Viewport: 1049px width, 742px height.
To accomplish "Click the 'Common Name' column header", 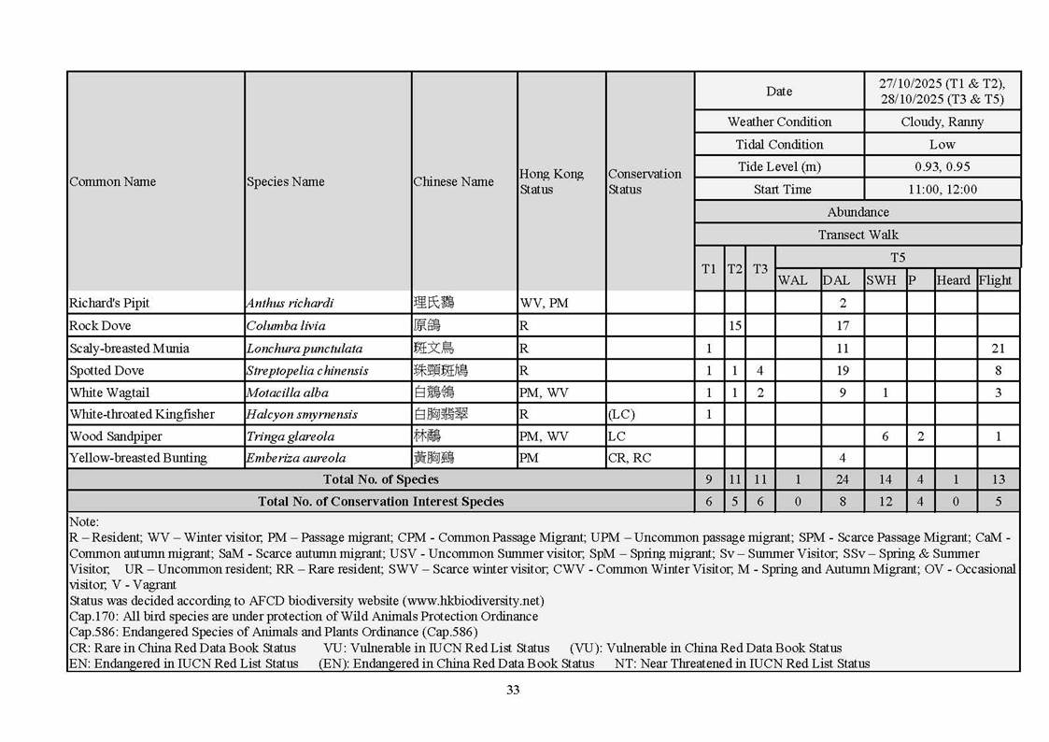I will tap(113, 181).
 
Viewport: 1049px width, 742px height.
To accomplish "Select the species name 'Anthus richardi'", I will tap(290, 303).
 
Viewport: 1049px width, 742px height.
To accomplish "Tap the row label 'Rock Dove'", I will tap(100, 325).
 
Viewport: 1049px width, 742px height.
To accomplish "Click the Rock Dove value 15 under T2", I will tap(734, 325).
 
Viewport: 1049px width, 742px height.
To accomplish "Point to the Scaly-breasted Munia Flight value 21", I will tap(998, 348).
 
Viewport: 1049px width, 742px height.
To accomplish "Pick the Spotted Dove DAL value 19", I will tap(842, 370).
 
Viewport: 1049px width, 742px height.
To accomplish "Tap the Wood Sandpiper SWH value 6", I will tap(885, 436).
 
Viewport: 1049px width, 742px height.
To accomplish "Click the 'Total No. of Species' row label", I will tap(380, 479).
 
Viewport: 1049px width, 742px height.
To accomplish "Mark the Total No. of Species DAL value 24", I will tap(842, 479).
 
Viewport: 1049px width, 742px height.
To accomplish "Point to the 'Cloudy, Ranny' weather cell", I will tap(942, 121).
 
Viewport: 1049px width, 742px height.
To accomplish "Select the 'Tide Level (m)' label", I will tap(779, 166).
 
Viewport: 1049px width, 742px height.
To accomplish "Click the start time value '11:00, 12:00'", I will tap(942, 190).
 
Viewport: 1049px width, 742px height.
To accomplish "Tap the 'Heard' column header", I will tap(953, 280).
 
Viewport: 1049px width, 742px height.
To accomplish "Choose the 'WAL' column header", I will tap(793, 280).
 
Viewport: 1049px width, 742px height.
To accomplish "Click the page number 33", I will tap(513, 691).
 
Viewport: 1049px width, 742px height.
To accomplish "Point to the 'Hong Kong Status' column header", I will tap(551, 181).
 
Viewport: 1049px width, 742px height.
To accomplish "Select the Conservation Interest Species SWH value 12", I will tap(885, 502).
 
